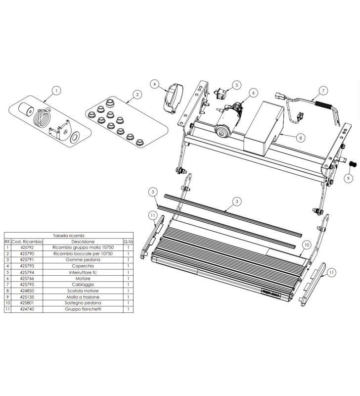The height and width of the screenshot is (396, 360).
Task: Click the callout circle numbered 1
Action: click(56, 91)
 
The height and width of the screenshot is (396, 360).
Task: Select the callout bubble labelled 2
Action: click(137, 94)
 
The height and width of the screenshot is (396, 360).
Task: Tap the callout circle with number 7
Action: click(322, 91)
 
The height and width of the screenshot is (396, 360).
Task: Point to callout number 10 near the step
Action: click(306, 245)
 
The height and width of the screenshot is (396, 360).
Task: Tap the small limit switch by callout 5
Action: click(221, 92)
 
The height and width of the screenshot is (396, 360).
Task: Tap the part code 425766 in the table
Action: click(27, 279)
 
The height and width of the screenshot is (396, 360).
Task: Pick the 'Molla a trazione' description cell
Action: click(82, 297)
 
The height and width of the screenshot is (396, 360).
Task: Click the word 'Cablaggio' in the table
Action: click(82, 285)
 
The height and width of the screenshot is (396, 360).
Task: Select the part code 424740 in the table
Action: click(27, 309)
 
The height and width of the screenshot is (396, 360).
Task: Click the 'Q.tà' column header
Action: click(128, 241)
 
